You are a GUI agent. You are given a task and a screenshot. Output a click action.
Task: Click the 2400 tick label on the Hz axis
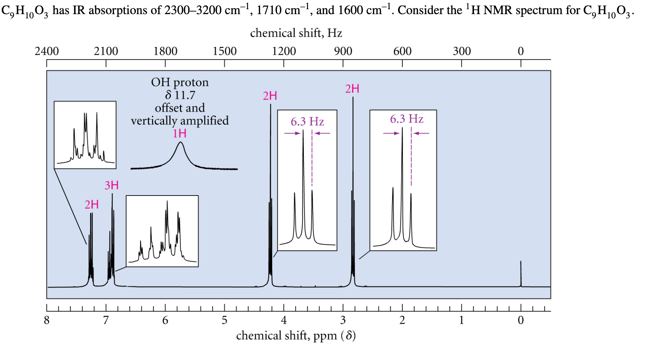point(47,52)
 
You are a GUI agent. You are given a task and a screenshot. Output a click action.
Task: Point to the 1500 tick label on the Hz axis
point(224,52)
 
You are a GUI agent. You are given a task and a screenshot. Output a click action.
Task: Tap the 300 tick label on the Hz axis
point(462,52)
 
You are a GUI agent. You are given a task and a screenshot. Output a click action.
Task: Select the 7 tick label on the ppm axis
point(106,320)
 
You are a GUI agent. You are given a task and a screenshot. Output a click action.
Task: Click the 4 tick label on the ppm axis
point(284,320)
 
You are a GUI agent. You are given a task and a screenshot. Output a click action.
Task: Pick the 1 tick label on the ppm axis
point(461,320)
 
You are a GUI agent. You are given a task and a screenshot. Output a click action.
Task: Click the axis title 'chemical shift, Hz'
point(296,33)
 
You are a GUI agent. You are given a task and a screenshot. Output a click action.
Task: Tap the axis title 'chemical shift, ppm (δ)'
point(296,336)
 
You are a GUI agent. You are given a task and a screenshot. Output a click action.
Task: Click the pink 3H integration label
point(112,185)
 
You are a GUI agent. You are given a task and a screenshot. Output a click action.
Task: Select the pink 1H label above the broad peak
point(180,133)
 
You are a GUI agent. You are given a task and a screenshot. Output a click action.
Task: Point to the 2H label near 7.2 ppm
point(91,205)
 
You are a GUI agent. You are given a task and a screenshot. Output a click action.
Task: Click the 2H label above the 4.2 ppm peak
point(270,96)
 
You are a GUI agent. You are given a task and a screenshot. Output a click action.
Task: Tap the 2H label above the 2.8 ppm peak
point(352,89)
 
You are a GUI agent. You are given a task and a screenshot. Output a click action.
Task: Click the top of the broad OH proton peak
point(180,142)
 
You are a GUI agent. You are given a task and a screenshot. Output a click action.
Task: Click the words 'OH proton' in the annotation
point(180,82)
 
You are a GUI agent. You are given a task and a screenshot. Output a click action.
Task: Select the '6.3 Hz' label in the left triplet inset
point(307,122)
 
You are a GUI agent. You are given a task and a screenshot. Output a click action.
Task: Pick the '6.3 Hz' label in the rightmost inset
point(407,119)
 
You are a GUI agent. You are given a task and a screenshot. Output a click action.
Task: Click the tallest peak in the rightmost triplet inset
point(402,129)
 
